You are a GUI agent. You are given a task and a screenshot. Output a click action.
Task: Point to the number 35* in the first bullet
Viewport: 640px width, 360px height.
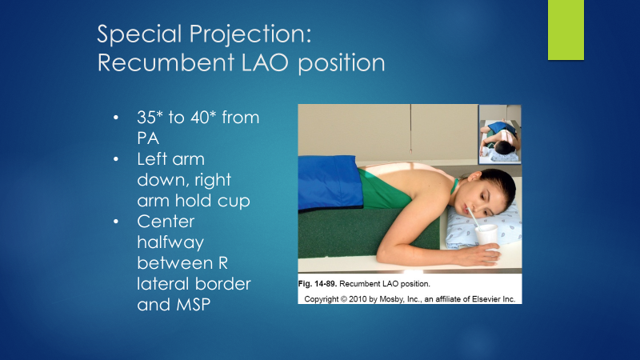pos(155,118)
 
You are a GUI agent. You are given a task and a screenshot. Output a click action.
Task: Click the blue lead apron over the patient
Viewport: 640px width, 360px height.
pos(329,181)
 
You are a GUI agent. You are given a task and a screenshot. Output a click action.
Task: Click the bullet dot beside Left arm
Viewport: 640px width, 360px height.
pos(116,160)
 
